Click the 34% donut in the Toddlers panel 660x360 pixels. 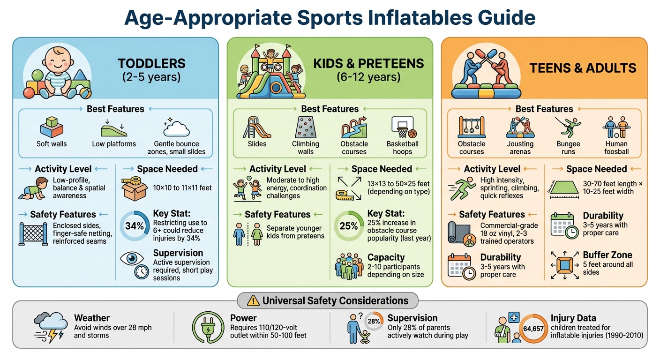(x=135, y=226)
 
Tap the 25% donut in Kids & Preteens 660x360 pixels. (x=348, y=226)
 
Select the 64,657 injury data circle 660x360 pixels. (x=533, y=329)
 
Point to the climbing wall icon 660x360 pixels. (x=306, y=127)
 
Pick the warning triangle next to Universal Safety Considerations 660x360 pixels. (x=254, y=300)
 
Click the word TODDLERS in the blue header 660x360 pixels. (x=151, y=64)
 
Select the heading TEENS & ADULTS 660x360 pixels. (x=583, y=68)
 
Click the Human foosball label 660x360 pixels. (x=616, y=148)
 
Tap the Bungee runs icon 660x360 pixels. (x=569, y=127)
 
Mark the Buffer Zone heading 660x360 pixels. (x=607, y=255)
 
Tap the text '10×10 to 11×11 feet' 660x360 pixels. (x=182, y=187)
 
